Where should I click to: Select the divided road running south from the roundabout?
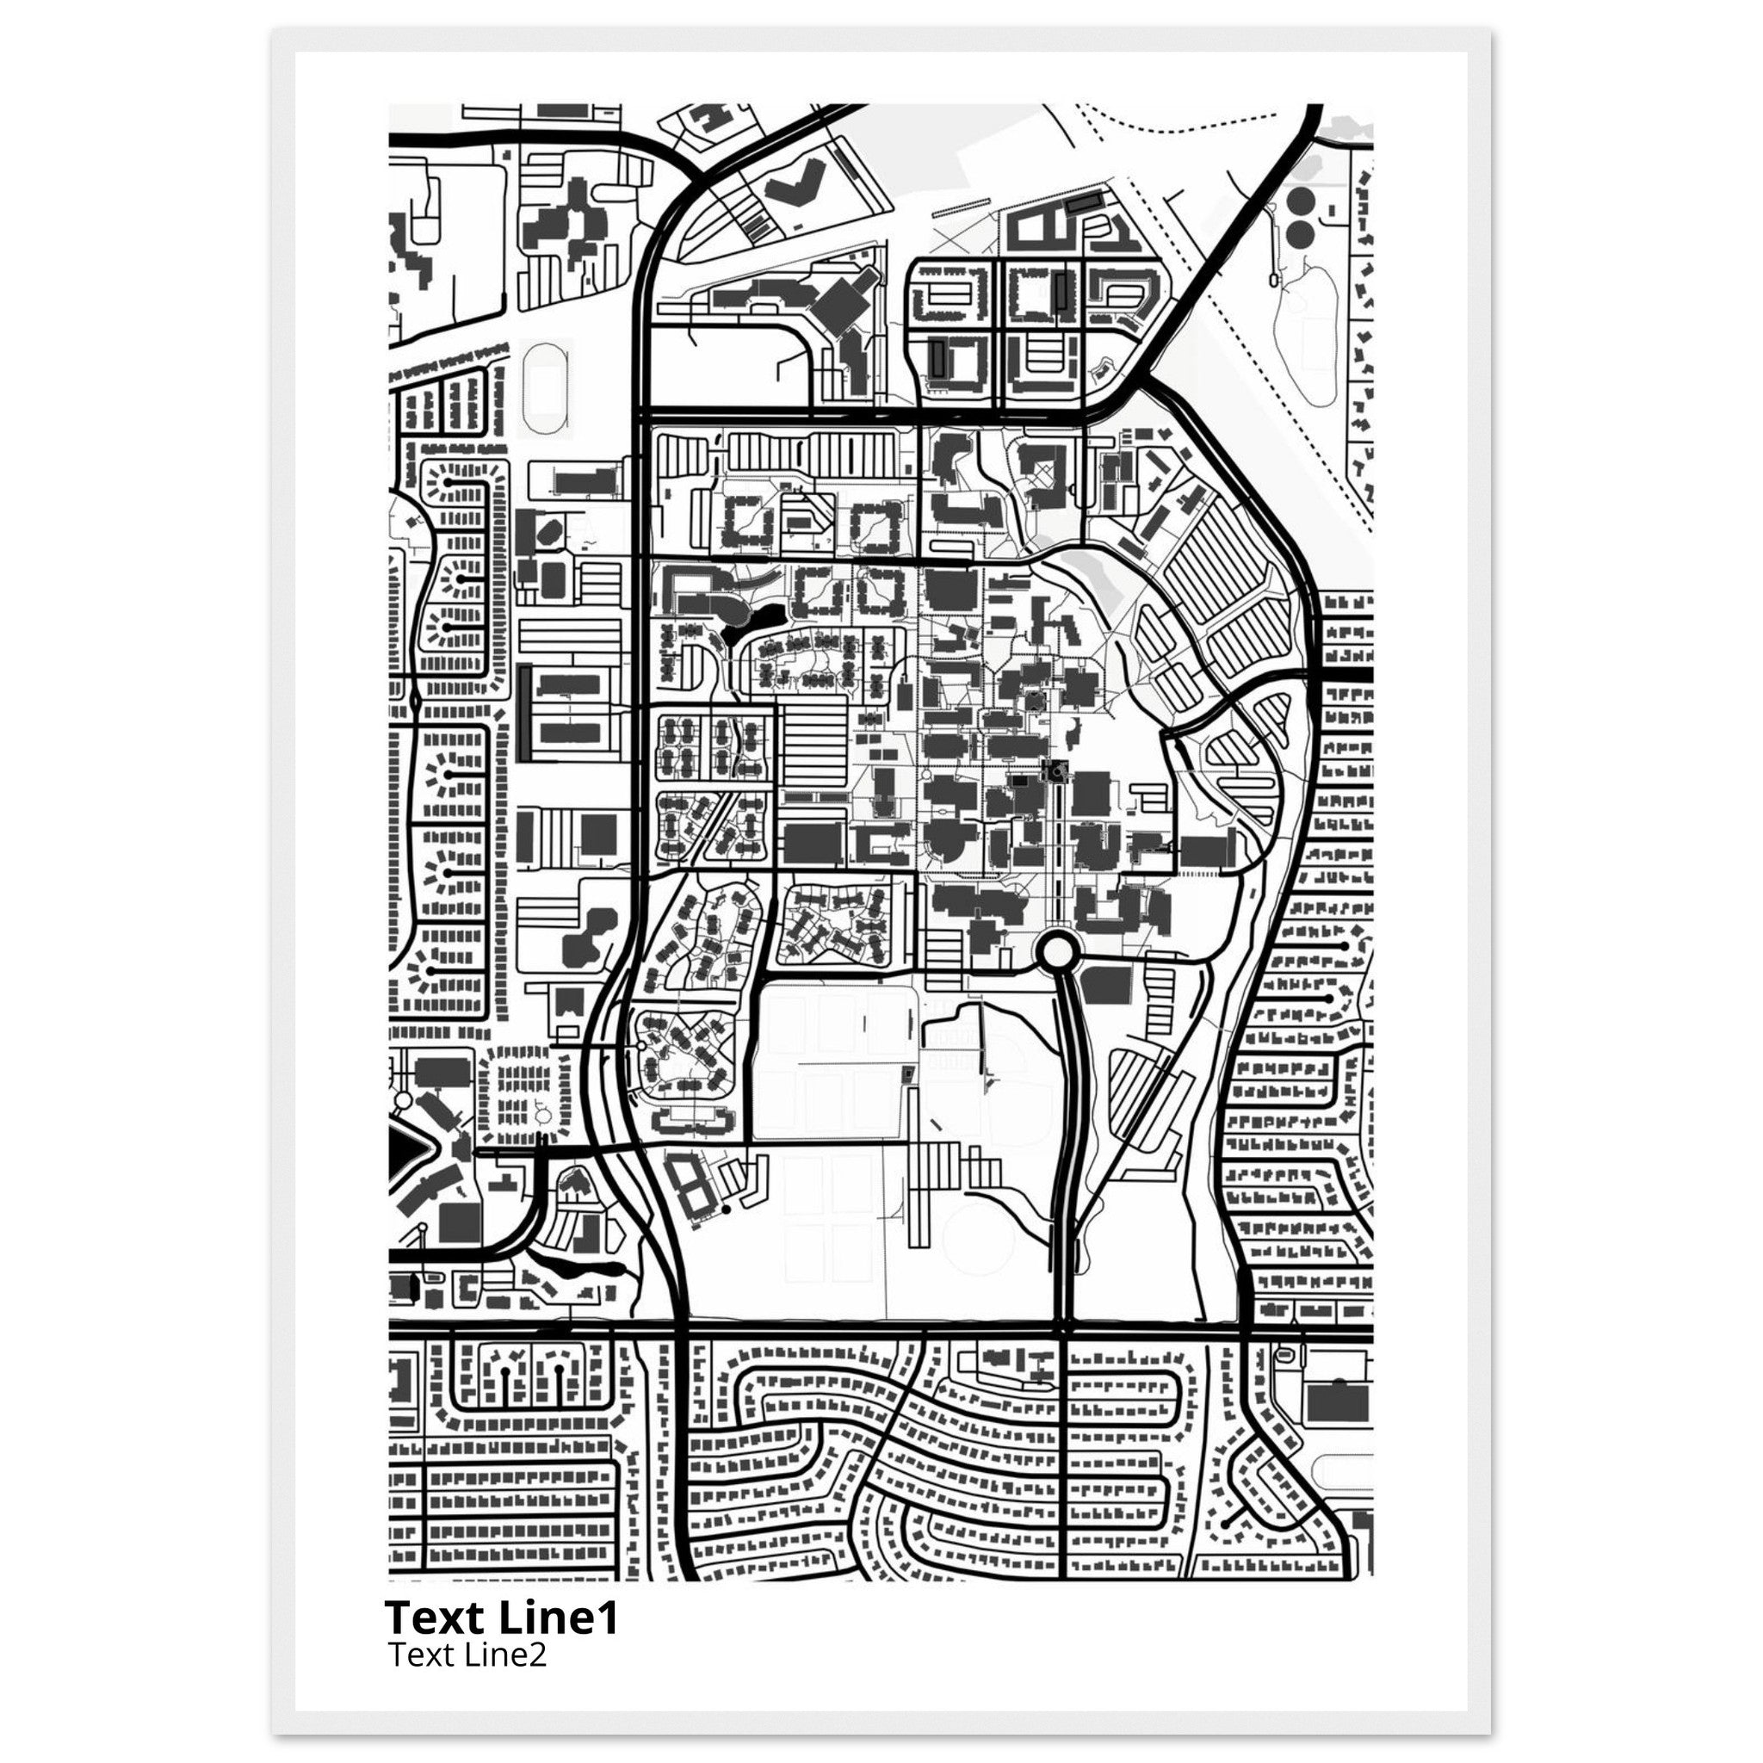[x=1065, y=1141]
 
